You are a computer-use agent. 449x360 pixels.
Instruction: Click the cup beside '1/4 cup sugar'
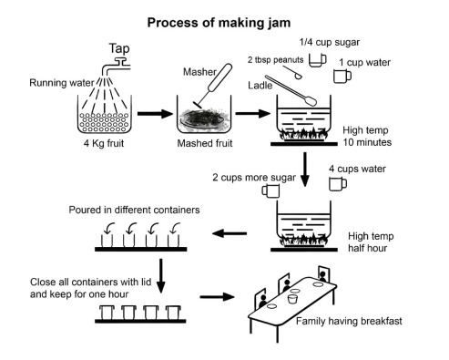pos(318,60)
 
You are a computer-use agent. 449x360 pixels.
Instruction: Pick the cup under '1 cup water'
pos(342,77)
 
